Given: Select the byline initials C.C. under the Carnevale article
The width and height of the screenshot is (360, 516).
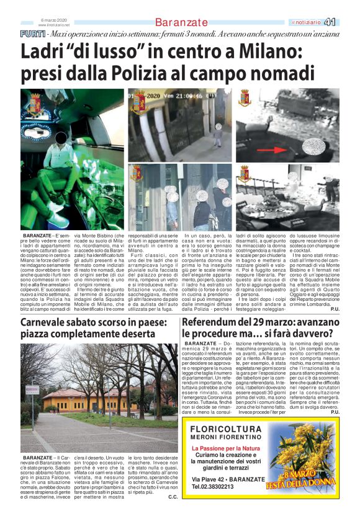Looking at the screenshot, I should coord(173,497).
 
